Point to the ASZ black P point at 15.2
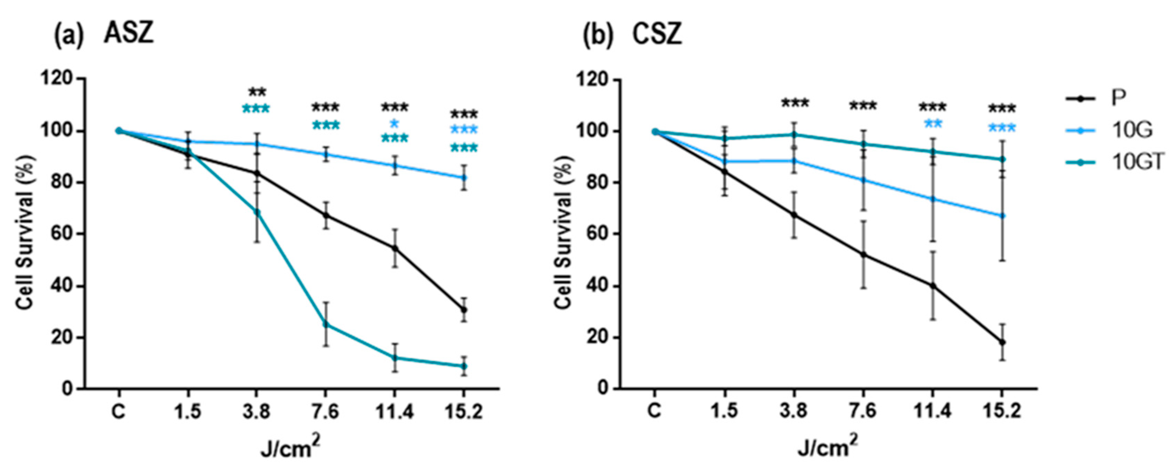coord(464,310)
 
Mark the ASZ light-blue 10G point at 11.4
coord(395,165)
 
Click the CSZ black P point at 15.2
coord(1002,342)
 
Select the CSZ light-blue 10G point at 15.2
coord(1002,215)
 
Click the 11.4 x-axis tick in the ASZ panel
coord(395,412)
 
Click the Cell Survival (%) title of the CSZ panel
coord(565,233)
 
